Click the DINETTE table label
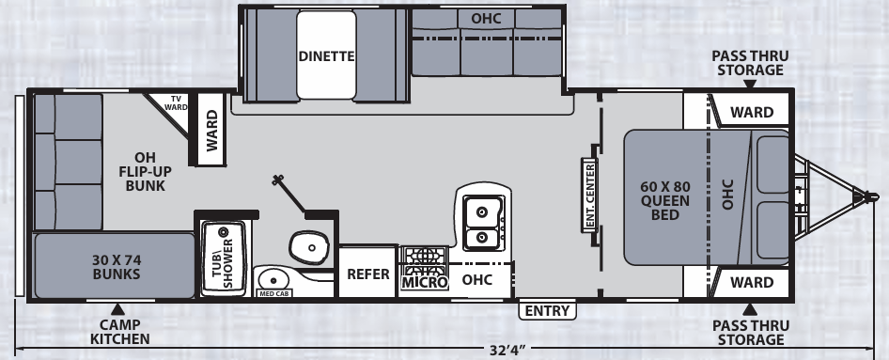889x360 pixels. (x=326, y=56)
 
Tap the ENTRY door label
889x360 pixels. (x=547, y=311)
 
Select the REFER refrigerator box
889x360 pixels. (x=368, y=274)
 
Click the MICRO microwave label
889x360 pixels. (x=425, y=282)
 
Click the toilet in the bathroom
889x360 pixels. (x=309, y=247)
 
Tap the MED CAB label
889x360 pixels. (x=273, y=293)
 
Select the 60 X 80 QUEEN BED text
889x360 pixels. (x=665, y=201)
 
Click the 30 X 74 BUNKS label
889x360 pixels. (x=117, y=267)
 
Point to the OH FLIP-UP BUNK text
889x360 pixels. (x=145, y=171)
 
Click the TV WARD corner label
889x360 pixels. (x=176, y=103)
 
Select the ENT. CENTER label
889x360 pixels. (x=589, y=196)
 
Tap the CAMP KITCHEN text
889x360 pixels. (x=120, y=332)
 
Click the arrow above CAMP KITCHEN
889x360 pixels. (x=117, y=309)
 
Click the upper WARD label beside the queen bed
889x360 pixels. (x=752, y=112)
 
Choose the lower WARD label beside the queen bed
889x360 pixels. (x=752, y=282)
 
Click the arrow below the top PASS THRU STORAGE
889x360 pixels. (x=750, y=84)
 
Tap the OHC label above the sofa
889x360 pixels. (x=487, y=18)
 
